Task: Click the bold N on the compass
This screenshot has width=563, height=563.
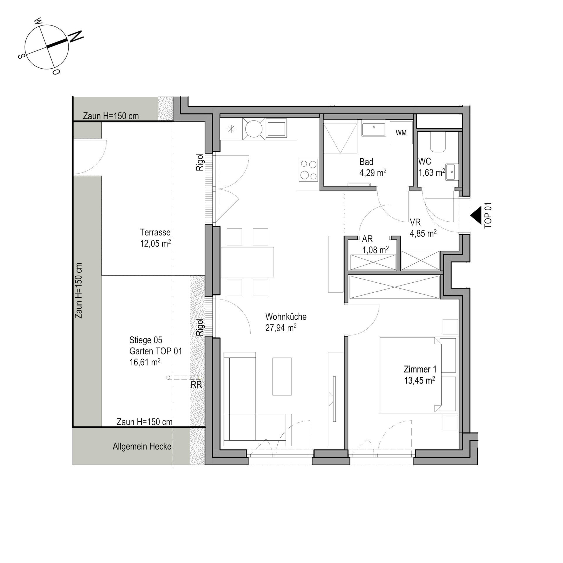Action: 76,36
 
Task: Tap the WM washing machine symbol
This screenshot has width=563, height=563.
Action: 401,133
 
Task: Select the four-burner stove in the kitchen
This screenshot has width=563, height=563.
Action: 308,170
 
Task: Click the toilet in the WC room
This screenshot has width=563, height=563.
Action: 438,142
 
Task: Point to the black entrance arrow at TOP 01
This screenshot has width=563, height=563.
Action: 476,215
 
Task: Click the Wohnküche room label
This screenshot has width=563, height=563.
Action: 286,317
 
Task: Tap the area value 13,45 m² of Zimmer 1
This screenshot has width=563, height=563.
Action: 419,380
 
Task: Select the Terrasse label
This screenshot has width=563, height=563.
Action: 155,232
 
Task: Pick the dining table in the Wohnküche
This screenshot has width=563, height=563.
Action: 247,262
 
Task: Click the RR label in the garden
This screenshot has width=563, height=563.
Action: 196,385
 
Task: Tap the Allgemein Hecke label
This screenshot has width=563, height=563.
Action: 142,446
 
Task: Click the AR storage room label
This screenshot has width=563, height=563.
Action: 367,239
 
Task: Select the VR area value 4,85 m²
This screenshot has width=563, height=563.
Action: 423,233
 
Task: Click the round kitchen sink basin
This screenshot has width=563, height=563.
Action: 254,129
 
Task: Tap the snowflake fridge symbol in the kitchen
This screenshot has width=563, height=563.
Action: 231,129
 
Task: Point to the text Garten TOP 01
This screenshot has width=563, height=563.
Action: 156,351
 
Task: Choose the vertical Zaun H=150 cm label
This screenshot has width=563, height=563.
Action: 78,290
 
